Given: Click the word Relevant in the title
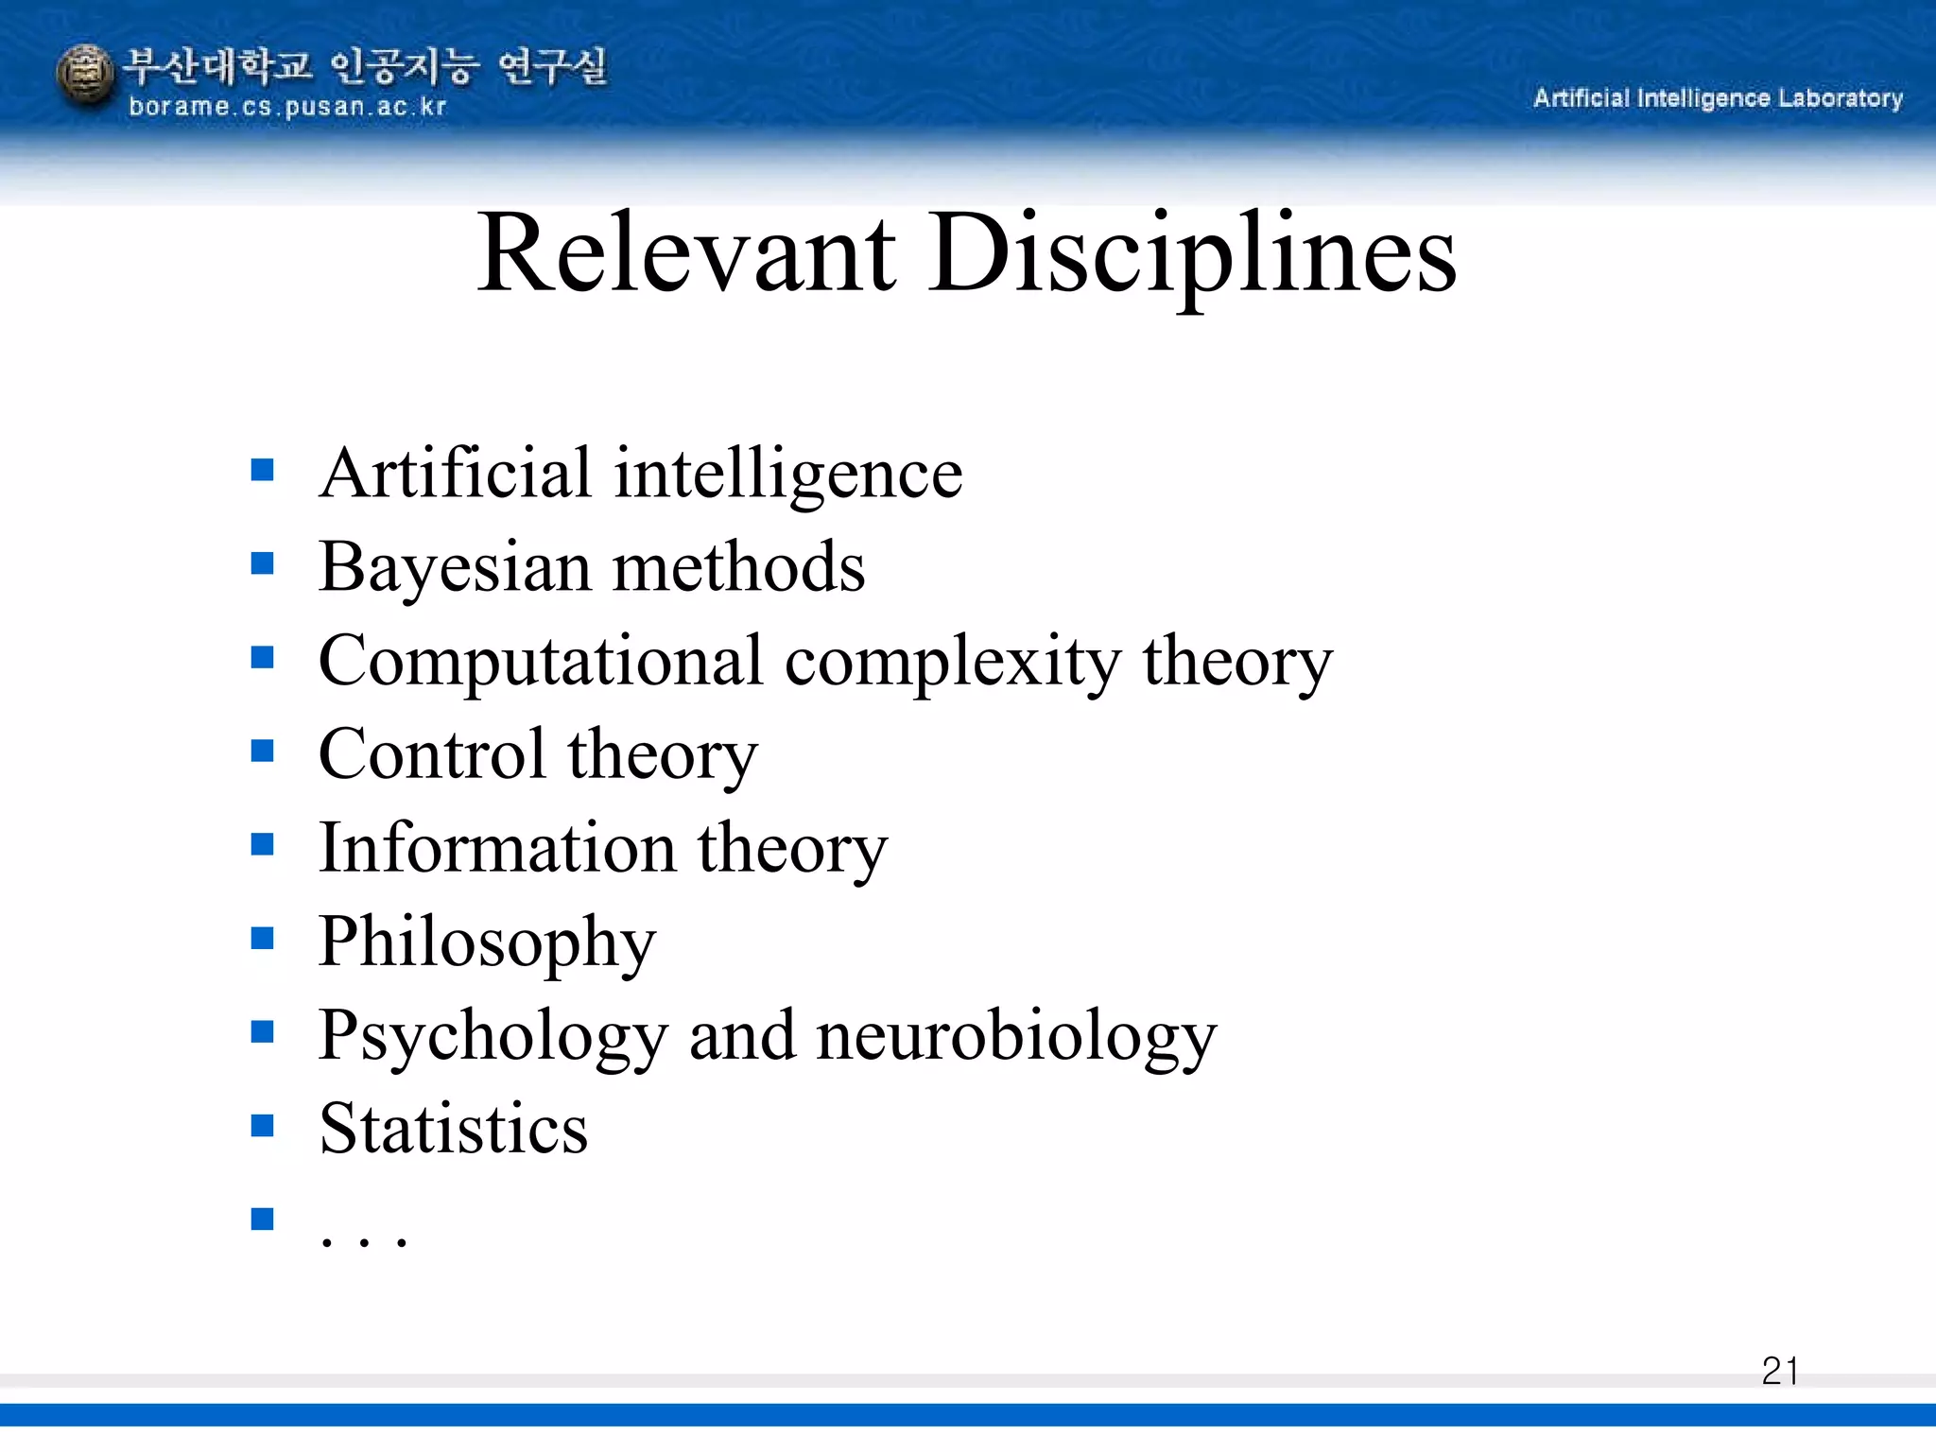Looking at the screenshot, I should [686, 253].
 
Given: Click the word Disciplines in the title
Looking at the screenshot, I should [1192, 253].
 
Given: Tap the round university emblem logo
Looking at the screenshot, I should [85, 77].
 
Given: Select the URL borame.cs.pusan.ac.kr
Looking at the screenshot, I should [286, 107].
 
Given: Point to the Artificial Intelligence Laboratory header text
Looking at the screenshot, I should [1717, 98].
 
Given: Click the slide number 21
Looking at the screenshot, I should [1779, 1371].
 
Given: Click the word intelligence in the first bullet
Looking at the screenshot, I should [788, 473].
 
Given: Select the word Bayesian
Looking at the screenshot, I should [455, 567].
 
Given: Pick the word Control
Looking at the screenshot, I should [432, 754].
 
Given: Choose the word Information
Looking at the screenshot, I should [497, 848].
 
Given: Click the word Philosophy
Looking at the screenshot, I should [487, 942].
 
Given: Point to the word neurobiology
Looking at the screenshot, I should [1016, 1035].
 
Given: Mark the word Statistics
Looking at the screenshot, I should [454, 1129].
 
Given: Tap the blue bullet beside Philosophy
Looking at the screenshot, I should [262, 938].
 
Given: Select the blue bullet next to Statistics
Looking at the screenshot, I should [262, 1125].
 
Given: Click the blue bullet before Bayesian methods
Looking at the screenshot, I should [262, 563].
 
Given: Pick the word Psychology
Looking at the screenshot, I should [493, 1035].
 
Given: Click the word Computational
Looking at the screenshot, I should [540, 661].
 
